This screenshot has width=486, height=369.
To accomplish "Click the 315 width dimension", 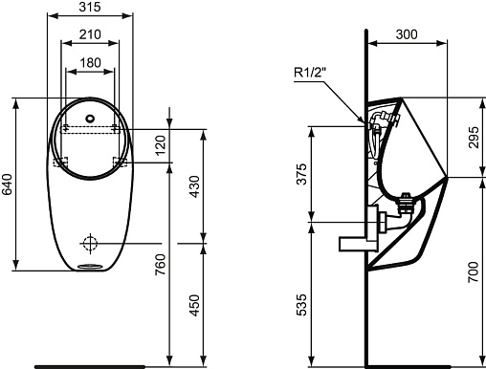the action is [90, 7].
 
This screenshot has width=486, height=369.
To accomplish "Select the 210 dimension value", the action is [90, 34].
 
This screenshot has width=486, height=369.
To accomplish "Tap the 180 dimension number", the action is [90, 63].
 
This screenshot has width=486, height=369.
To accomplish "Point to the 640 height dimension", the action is [7, 184].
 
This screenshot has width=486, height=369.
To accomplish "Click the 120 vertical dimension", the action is [161, 145].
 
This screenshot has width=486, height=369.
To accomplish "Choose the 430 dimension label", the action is [194, 186].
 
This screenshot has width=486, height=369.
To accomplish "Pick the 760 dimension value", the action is [161, 265].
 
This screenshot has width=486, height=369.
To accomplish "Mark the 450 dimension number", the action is [194, 305].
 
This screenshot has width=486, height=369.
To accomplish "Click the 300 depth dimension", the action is [407, 34].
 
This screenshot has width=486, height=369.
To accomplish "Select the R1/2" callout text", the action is [310, 73].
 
